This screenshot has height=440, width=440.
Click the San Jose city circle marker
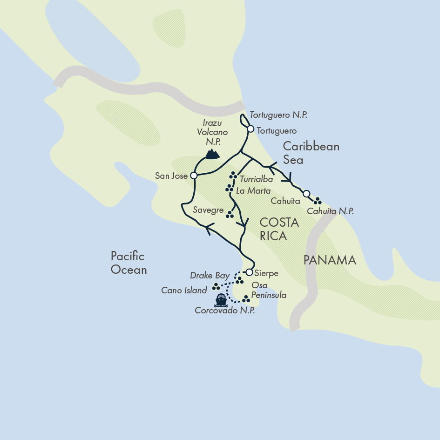point(194,176)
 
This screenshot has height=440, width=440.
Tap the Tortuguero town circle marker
point(250,129)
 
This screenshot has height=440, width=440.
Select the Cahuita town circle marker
point(306,194)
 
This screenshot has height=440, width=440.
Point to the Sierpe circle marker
point(249,272)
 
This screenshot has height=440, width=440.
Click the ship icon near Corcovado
point(221,300)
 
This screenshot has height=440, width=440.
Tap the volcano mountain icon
point(212,154)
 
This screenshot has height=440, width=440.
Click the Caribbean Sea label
point(311,153)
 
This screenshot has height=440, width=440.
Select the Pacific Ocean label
point(129,263)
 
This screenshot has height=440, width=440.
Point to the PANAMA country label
point(330,260)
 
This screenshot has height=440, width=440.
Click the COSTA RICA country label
point(279,229)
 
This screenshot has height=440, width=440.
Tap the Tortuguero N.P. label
point(278,115)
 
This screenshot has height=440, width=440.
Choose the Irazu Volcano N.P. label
point(212,133)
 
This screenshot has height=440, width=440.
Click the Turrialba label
point(256,179)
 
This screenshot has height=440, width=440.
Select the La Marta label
point(253,191)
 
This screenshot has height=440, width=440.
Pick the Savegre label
point(208,210)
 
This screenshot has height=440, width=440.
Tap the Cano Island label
point(184,291)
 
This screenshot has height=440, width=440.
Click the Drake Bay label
point(210,276)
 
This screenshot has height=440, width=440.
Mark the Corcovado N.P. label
point(225,311)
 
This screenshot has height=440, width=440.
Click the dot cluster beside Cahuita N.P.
point(318,201)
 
